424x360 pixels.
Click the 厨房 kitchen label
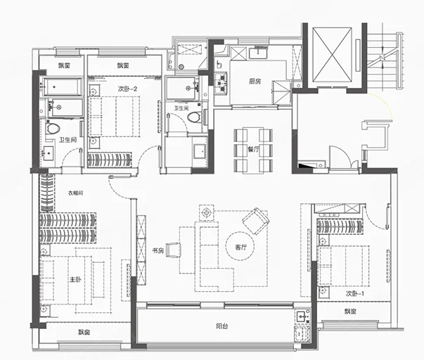pyautogui.click(x=255, y=81)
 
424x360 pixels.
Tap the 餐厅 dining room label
pyautogui.click(x=253, y=149)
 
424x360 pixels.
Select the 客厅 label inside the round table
pyautogui.click(x=240, y=247)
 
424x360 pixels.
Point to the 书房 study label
pyautogui.click(x=158, y=251)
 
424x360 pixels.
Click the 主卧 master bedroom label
pyautogui.click(x=75, y=279)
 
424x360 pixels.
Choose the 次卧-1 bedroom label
pyautogui.click(x=355, y=293)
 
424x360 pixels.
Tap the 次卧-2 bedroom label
pyautogui.click(x=128, y=89)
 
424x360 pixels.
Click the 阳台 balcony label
pyautogui.click(x=222, y=326)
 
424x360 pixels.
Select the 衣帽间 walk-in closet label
pyautogui.click(x=75, y=193)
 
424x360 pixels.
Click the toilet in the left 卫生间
pyautogui.click(x=53, y=129)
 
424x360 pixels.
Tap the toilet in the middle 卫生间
pyautogui.click(x=194, y=117)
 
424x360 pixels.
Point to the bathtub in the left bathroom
pyautogui.click(x=63, y=86)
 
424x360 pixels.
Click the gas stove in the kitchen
pyautogui.click(x=222, y=83)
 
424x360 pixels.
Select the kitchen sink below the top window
pyautogui.click(x=259, y=53)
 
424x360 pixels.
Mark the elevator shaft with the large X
pyautogui.click(x=333, y=55)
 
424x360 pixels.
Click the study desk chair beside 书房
pyautogui.click(x=173, y=250)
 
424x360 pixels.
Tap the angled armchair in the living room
pyautogui.click(x=256, y=221)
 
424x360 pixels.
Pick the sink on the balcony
pyautogui.click(x=302, y=316)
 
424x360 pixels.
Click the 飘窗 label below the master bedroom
pyautogui.click(x=84, y=332)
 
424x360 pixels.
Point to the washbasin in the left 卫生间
pyautogui.click(x=49, y=153)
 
